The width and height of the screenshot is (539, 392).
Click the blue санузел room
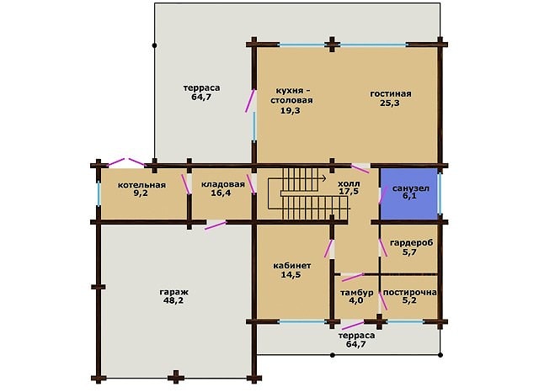(408, 193)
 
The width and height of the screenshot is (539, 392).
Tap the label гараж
(174, 293)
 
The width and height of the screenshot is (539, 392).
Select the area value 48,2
(173, 300)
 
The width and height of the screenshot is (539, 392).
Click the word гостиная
(391, 93)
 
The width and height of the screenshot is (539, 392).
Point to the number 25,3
(390, 103)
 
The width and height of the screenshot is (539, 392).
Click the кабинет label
(292, 266)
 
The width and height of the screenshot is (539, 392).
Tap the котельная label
(141, 185)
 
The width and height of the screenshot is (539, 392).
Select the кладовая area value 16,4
(221, 193)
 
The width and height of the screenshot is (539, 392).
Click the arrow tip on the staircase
(326, 177)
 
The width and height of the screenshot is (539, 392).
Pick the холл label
(349, 183)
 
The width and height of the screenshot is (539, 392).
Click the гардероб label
(412, 243)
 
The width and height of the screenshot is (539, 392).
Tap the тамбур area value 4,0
(356, 300)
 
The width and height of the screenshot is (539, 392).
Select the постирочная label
(410, 293)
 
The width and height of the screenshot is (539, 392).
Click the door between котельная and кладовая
(185, 184)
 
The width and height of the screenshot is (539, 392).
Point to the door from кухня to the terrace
(250, 101)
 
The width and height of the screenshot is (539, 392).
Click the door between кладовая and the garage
(216, 225)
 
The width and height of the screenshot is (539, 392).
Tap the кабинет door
(328, 248)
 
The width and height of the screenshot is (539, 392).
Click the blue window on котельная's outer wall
(99, 193)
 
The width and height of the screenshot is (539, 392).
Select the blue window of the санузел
(440, 193)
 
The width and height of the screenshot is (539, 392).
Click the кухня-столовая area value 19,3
(291, 110)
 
